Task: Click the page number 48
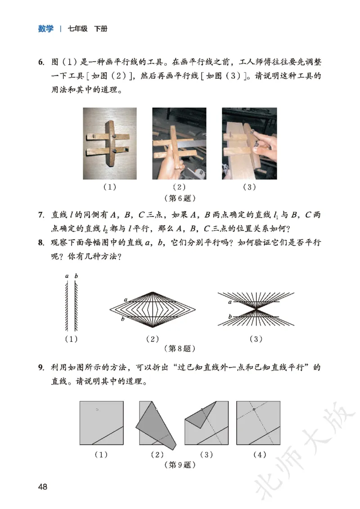[x=43, y=487]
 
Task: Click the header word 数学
[x=45, y=29]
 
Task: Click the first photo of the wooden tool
[x=109, y=143]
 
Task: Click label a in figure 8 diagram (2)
[x=126, y=299]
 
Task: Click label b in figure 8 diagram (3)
[x=230, y=317]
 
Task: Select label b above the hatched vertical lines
[x=76, y=276]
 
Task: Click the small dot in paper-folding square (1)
[x=97, y=409]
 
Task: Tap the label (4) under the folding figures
[x=259, y=455]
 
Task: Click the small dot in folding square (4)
[x=254, y=409]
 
